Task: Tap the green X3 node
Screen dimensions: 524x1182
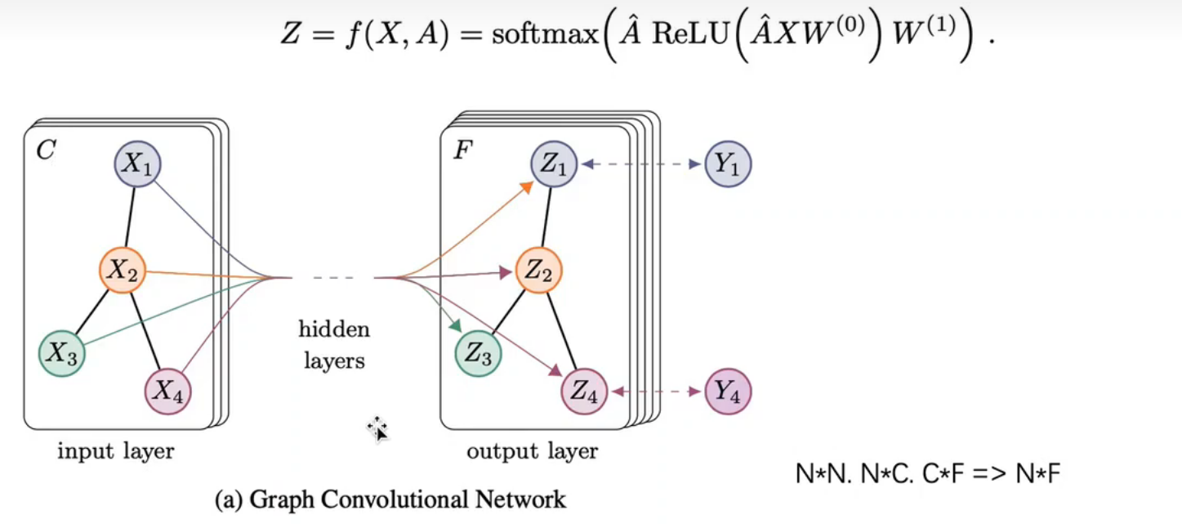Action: tap(62, 354)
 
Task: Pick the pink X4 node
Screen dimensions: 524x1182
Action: tap(167, 391)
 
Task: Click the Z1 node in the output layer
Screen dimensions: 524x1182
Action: tap(554, 163)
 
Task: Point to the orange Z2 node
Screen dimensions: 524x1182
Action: tap(538, 271)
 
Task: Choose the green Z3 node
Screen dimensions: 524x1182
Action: tap(479, 354)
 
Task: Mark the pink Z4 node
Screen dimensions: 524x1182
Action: tap(584, 393)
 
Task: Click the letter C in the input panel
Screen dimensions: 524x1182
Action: tap(46, 150)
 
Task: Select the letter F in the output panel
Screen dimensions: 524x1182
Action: tap(462, 151)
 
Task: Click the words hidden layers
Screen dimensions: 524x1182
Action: tap(334, 345)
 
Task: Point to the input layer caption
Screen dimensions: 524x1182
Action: tap(115, 450)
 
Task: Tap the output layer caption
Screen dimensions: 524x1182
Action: tap(532, 450)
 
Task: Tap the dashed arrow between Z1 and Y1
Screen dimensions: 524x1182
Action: tap(641, 164)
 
